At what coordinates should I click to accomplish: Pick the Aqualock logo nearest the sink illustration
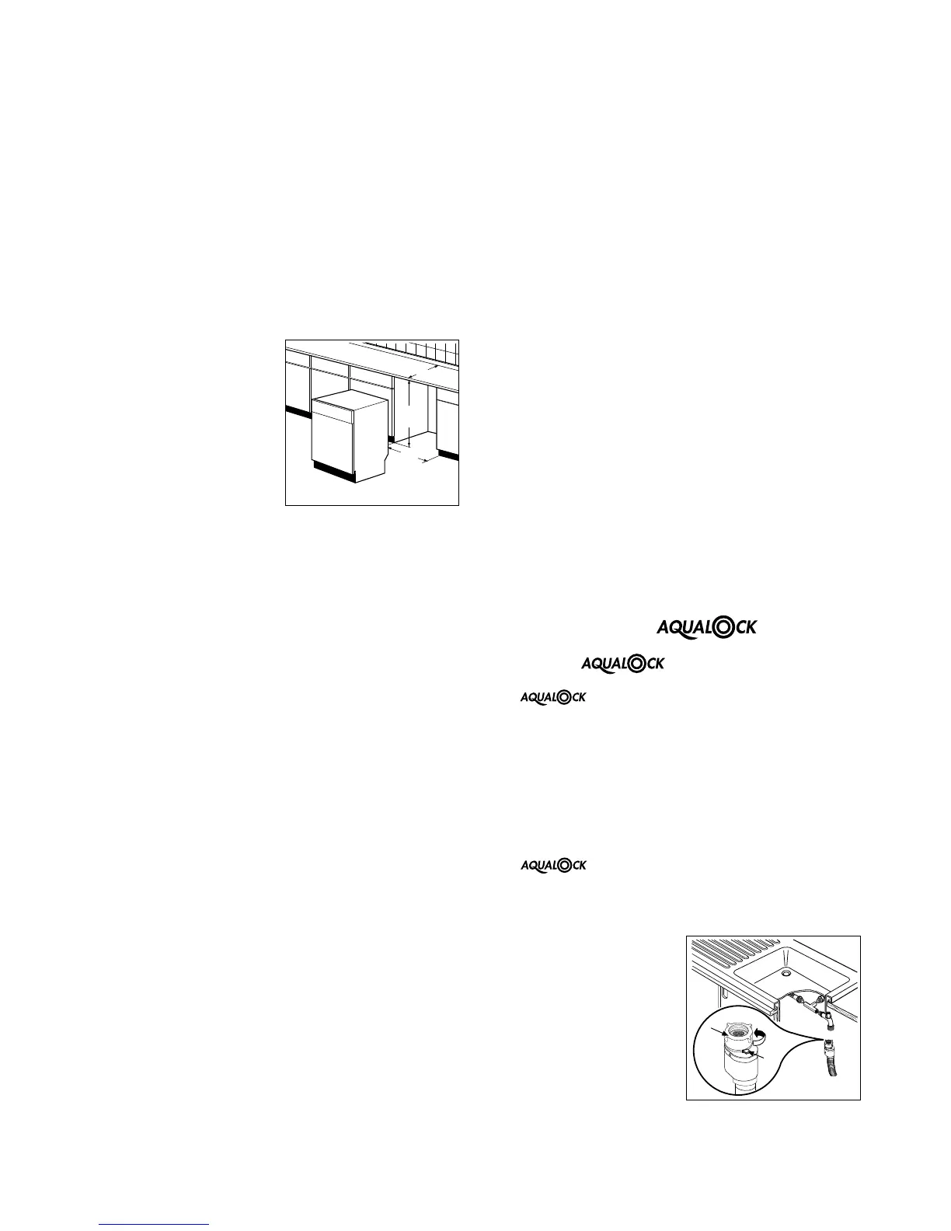(552, 865)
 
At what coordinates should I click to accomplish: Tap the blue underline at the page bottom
(155, 1224)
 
